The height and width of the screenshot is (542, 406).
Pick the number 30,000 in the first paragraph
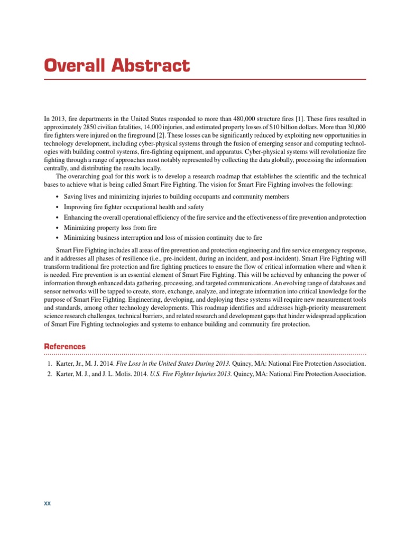point(355,128)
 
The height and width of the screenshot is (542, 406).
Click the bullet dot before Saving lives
point(57,197)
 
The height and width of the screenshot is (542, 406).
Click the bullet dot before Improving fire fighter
point(57,207)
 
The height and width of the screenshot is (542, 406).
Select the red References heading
point(64,346)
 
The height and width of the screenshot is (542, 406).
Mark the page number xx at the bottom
point(47,503)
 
